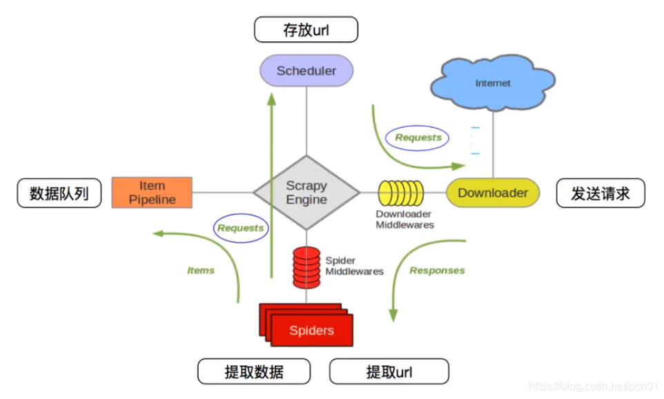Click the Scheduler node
tap(306, 70)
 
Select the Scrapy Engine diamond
tap(306, 192)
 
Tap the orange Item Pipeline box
tap(152, 193)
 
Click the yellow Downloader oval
tap(492, 193)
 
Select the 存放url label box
tap(306, 30)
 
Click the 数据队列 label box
tap(59, 193)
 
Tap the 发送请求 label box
tap(600, 193)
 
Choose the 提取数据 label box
tap(253, 371)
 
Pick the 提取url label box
tap(389, 371)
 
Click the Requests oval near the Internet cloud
tap(418, 137)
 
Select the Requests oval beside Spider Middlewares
tap(240, 228)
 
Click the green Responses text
tap(437, 271)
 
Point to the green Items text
tap(201, 271)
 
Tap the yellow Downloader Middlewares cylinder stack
tap(400, 193)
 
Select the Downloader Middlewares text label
tap(404, 219)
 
